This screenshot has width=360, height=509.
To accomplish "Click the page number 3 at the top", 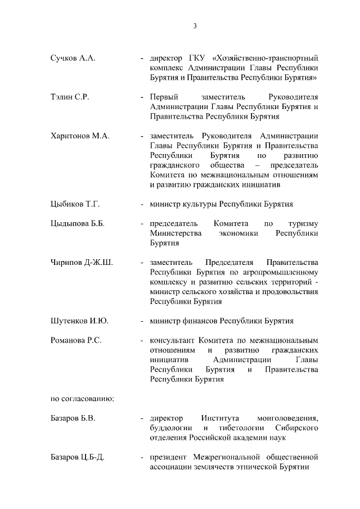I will click(195, 26).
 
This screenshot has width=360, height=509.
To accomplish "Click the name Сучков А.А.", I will click(73, 58).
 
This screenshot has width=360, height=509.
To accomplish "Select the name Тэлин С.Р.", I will click(70, 97).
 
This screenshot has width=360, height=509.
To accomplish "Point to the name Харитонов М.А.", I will click(80, 136).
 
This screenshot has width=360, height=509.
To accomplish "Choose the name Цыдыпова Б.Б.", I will click(78, 224).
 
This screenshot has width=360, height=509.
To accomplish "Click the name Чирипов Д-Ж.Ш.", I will click(82, 263).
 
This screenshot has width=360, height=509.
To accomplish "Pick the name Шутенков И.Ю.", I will click(79, 321).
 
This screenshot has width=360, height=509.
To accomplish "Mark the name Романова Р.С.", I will click(76, 341).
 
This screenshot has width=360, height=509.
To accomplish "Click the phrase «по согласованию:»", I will click(83, 399).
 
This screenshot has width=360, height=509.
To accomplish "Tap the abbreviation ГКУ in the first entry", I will click(199, 58).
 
